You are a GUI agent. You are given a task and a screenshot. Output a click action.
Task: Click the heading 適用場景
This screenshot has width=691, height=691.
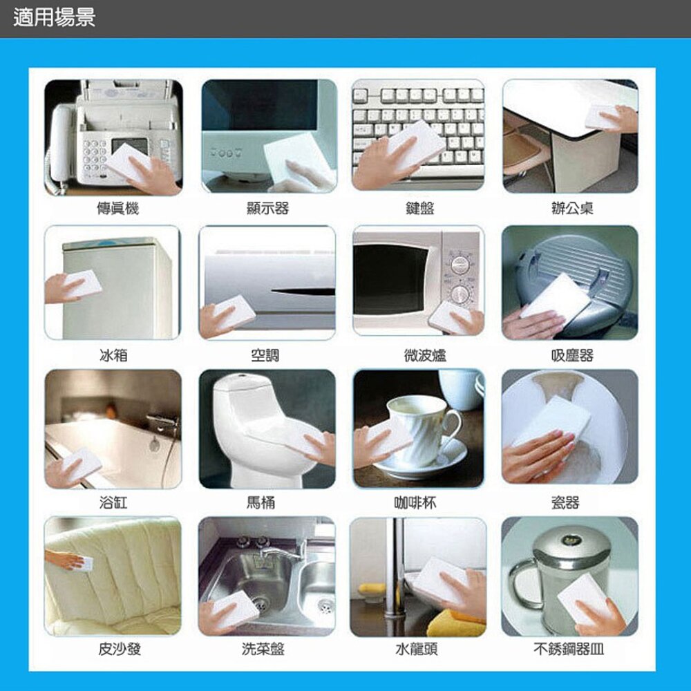(x=54, y=18)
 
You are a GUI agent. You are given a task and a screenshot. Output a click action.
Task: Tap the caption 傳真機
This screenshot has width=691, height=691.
(x=117, y=208)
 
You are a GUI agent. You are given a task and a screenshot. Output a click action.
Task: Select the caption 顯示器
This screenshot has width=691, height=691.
(x=268, y=208)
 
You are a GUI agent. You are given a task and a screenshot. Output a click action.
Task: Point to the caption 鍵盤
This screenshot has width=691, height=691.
(x=419, y=208)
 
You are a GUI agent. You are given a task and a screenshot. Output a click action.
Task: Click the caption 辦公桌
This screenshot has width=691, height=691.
(x=572, y=208)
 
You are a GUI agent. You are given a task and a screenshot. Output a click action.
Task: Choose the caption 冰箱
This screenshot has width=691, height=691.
(x=114, y=355)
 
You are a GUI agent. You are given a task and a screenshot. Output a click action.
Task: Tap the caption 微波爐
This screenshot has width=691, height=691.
(x=425, y=355)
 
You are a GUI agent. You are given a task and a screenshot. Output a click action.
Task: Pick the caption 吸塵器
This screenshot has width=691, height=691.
(x=572, y=355)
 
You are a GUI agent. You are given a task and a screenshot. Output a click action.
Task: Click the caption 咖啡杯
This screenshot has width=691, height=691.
(x=415, y=502)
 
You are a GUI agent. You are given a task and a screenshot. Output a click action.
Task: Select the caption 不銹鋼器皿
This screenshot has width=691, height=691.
(x=569, y=649)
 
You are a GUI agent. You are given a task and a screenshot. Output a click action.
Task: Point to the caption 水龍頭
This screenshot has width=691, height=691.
(x=417, y=649)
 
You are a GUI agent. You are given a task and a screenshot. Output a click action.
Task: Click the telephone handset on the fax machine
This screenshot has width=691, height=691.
(x=59, y=145)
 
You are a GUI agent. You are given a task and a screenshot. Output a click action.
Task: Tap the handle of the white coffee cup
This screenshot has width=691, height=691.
(x=452, y=424)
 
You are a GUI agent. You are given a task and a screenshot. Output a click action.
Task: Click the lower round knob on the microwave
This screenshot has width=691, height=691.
(x=460, y=294)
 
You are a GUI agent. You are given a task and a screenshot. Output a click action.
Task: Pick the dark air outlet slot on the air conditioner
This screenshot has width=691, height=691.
(x=303, y=292)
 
